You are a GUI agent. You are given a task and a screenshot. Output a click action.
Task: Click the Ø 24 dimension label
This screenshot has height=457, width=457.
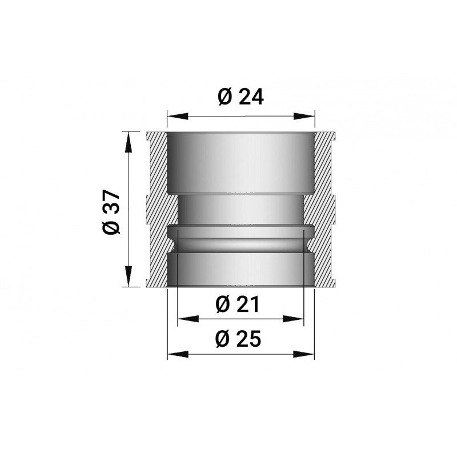click(x=240, y=97)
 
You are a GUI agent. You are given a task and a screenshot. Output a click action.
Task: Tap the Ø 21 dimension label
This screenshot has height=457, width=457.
click(x=237, y=304)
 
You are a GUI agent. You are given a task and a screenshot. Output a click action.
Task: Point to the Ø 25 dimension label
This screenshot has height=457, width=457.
click(x=238, y=339)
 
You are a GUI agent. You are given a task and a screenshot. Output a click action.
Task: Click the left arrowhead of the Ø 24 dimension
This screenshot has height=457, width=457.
click(x=177, y=116)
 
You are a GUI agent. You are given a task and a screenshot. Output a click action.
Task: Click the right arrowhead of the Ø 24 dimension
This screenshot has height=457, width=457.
click(x=304, y=116)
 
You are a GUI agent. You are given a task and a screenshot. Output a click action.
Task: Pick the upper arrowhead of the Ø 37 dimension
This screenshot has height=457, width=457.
click(x=128, y=142)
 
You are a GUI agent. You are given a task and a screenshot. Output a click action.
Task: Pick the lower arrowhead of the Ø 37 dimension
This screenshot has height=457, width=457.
click(x=128, y=276)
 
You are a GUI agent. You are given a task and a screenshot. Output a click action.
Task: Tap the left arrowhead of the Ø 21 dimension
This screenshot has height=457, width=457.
click(x=189, y=319)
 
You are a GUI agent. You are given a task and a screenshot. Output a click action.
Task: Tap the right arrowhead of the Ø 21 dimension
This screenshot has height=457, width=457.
click(x=293, y=319)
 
